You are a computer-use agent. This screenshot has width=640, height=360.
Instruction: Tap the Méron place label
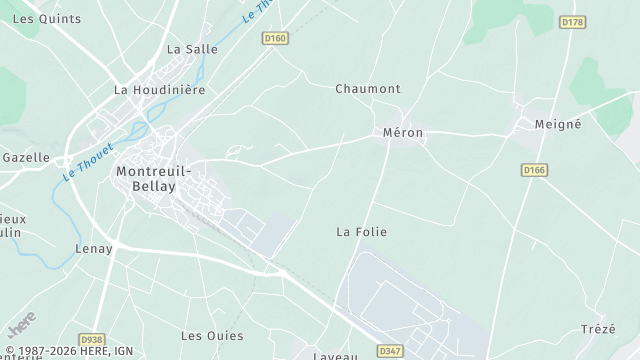click(403, 132)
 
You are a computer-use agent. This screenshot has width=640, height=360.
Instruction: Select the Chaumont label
click(367, 88)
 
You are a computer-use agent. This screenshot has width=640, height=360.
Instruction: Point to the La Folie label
click(361, 231)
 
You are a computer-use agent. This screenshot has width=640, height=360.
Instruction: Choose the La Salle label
click(192, 48)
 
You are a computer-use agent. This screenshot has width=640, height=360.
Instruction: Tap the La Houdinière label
click(159, 89)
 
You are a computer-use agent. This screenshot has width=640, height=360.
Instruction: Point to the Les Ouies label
click(212, 335)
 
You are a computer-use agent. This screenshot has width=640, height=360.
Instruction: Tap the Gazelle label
click(26, 157)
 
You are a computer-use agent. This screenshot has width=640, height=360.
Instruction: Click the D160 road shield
click(275, 39)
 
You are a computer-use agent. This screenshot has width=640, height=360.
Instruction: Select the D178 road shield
click(573, 22)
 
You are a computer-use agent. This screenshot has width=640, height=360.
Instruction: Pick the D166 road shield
click(535, 170)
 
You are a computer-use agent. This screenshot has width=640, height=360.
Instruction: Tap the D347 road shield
click(391, 351)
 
